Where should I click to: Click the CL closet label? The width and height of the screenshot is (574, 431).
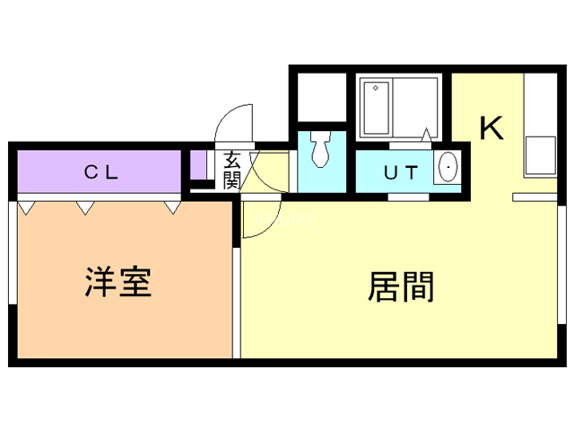pos(101,172)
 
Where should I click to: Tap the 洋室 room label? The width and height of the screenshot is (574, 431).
pos(118,282)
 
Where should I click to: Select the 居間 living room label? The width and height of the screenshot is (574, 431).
pos(401,286)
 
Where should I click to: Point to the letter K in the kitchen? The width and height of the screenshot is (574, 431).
pos(491,128)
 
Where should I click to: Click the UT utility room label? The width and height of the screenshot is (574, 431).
pos(401,172)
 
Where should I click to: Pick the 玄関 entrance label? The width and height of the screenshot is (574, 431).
pos(232,171)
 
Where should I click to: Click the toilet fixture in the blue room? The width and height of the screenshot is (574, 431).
pos(321,149)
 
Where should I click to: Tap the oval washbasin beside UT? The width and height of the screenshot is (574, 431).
pos(448,168)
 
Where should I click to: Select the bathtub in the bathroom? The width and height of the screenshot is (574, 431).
pos(377,108)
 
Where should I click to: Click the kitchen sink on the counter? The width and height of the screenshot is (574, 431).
pos(541,155)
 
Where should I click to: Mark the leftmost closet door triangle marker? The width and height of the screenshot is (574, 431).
pos(26,207)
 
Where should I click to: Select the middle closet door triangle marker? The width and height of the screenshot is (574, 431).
pos(85,207)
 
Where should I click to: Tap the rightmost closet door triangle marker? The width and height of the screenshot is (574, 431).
pos(173,207)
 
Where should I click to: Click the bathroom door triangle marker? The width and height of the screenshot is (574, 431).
pos(427,135)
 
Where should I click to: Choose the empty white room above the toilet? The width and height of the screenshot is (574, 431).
pos(322,97)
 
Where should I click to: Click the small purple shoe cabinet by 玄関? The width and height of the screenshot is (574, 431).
pos(198,165)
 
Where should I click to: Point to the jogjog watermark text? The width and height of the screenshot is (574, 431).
pos(285,218)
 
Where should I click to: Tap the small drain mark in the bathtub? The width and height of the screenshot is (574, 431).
pos(376,88)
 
